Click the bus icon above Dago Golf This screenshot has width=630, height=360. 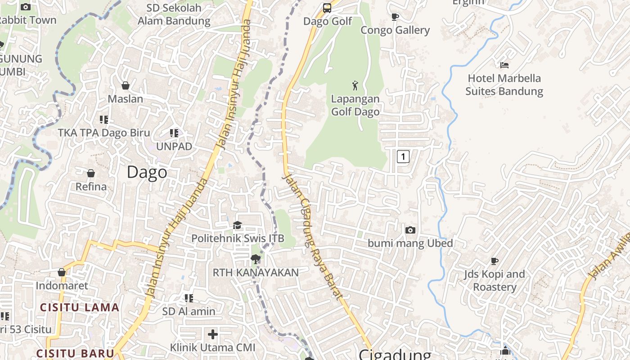pyautogui.click(x=327, y=8)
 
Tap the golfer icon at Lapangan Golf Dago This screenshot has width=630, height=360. pyautogui.click(x=355, y=85)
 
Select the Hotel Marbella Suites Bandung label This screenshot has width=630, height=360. pyautogui.click(x=504, y=85)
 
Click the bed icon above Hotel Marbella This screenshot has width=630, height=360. pyautogui.click(x=504, y=65)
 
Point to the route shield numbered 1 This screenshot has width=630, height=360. pyautogui.click(x=403, y=157)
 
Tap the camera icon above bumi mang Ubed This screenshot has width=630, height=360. pyautogui.click(x=410, y=230)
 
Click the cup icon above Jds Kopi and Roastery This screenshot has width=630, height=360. pyautogui.click(x=495, y=261)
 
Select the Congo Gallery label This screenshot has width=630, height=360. pyautogui.click(x=395, y=30)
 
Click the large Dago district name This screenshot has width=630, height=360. pyautogui.click(x=147, y=172)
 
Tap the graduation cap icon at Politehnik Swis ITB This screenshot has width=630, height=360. pyautogui.click(x=237, y=225)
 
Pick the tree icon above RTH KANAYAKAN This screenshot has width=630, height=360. pyautogui.click(x=255, y=259)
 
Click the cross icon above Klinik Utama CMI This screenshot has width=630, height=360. pyautogui.click(x=213, y=334)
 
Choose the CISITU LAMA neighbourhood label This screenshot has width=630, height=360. pyautogui.click(x=80, y=308)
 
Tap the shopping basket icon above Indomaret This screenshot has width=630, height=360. pyautogui.click(x=62, y=272)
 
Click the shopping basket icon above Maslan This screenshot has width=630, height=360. pyautogui.click(x=126, y=85)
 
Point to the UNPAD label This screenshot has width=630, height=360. pyautogui.click(x=174, y=147)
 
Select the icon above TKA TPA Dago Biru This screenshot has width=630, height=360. pyautogui.click(x=104, y=119)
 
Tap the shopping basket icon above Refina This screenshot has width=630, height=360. pyautogui.click(x=91, y=173)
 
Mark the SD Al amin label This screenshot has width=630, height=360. pyautogui.click(x=189, y=311)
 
